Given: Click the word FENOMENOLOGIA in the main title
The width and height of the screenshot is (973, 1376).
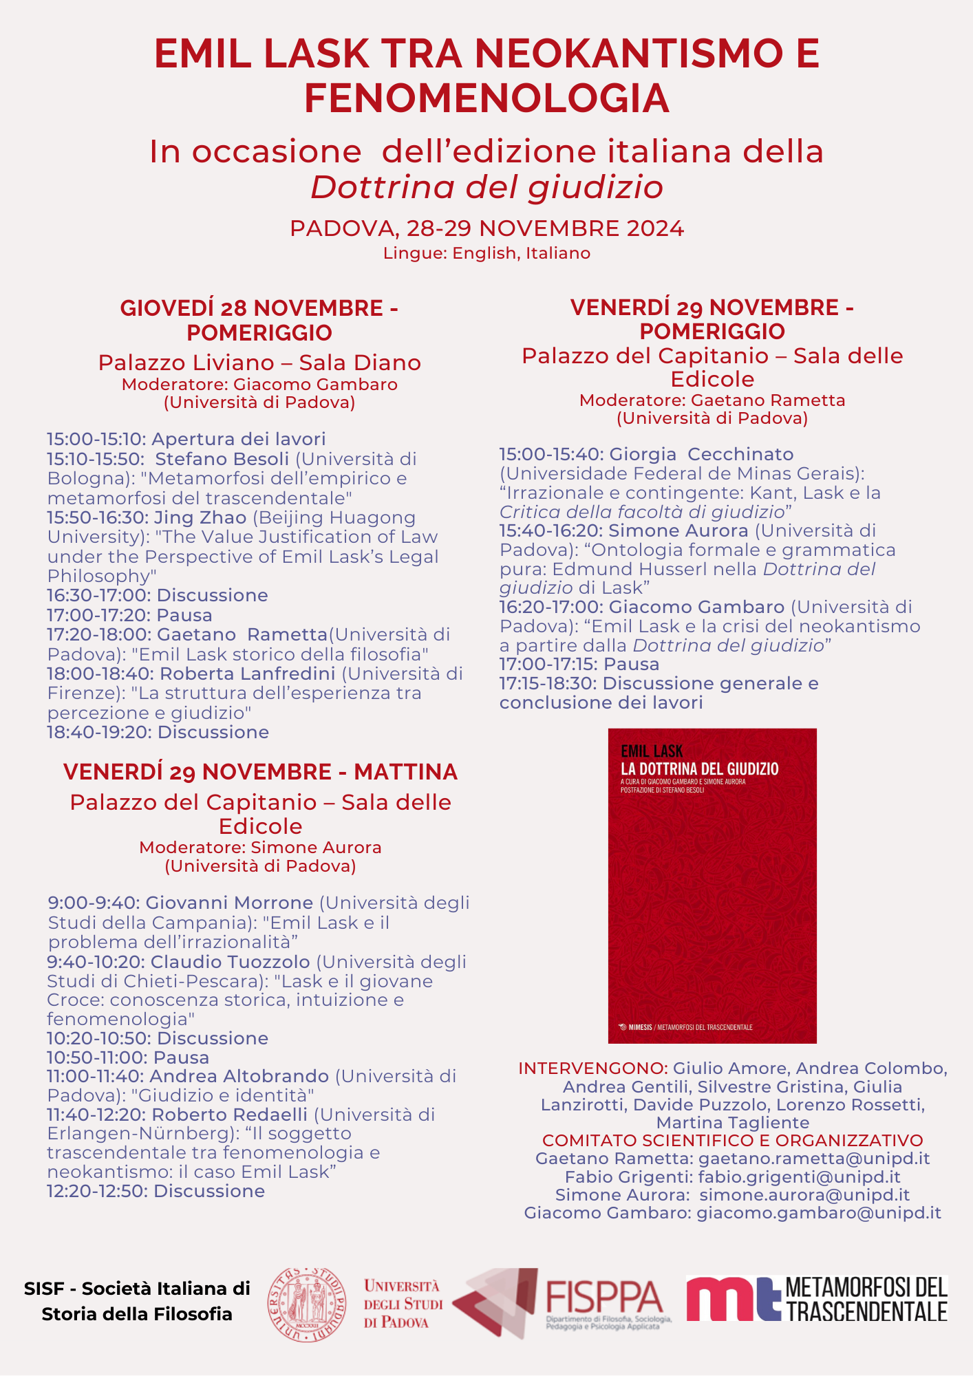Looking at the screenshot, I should [x=486, y=98].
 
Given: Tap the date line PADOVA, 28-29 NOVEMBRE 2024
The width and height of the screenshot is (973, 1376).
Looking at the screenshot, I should [x=486, y=228].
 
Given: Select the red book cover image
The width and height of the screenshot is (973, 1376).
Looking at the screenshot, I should [x=712, y=885].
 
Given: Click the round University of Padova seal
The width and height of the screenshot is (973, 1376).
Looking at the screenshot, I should [x=307, y=1304].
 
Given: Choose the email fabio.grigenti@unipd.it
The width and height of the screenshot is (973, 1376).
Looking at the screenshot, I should [x=800, y=1177].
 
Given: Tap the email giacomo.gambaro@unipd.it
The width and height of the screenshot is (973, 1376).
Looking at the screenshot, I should [x=819, y=1213].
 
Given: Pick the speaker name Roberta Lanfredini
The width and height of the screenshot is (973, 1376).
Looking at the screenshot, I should [x=248, y=674].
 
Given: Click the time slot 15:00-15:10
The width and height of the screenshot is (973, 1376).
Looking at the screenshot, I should [x=96, y=439].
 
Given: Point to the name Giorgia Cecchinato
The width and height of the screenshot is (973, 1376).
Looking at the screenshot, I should [x=701, y=454].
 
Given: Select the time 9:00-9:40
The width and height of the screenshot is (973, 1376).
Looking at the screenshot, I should [x=94, y=903].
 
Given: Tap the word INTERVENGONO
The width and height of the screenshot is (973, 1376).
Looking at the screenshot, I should [x=592, y=1068].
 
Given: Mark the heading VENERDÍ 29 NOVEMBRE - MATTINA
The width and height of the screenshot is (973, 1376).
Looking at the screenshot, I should [x=260, y=772].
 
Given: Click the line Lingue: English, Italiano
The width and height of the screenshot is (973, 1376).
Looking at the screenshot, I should [x=486, y=253].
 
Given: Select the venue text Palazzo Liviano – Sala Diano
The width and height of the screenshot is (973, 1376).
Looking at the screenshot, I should [x=259, y=363].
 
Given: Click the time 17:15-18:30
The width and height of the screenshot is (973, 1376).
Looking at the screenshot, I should [x=548, y=684].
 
